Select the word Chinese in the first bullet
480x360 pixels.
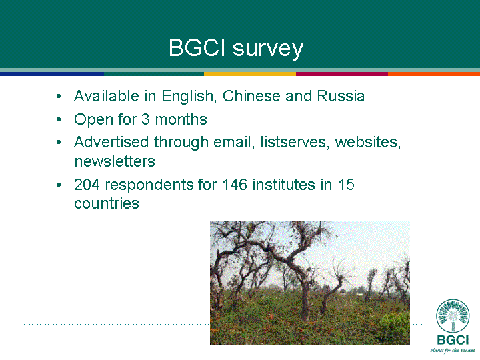tap(251, 96)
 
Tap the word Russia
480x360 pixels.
tap(341, 96)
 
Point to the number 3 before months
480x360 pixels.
tap(145, 119)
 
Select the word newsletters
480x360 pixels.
tap(115, 161)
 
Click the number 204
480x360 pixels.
tap(87, 185)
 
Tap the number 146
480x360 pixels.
tap(235, 185)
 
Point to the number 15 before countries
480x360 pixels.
tap(346, 185)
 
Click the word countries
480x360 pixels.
tap(107, 203)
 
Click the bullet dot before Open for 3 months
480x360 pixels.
tap(59, 120)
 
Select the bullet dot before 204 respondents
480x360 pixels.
tap(59, 185)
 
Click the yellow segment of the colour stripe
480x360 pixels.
tap(250, 74)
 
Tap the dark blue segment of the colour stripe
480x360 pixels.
tap(52, 74)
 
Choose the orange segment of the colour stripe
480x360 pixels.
tap(434, 74)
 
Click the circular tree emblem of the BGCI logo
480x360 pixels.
tap(453, 315)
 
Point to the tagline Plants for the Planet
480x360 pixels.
tap(453, 351)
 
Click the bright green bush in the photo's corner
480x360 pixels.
tap(395, 328)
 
